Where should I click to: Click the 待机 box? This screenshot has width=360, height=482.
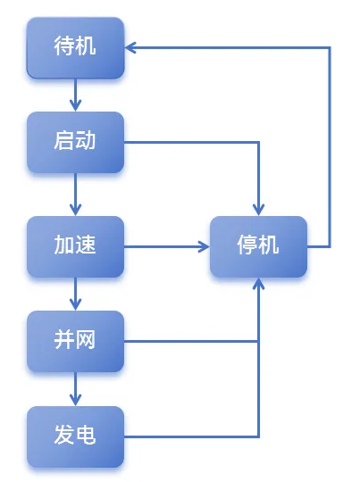75,47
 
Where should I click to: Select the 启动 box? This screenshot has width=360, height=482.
75,142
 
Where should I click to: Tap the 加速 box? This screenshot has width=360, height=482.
75,245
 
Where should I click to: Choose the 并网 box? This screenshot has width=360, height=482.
75,341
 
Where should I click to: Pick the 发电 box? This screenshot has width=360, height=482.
75,436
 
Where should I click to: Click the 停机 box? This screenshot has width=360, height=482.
259,245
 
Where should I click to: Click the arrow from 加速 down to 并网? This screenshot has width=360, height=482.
75,293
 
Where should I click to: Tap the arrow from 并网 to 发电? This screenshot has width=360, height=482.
75,388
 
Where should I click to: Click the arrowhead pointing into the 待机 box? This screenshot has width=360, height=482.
131,47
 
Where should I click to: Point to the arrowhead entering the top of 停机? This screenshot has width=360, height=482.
259,209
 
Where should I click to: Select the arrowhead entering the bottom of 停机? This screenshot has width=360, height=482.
259,283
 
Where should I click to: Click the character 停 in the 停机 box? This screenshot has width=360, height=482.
247,245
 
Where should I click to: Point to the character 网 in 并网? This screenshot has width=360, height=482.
87,341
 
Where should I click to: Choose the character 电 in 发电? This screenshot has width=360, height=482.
87,436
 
